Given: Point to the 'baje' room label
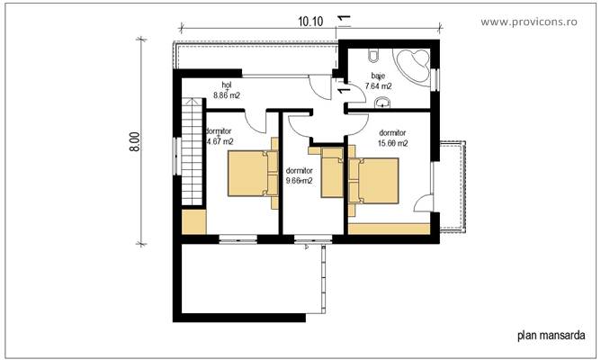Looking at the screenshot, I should point(378,76).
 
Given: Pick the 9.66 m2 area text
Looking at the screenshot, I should point(299,180).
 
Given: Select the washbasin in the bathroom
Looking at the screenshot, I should point(383,101).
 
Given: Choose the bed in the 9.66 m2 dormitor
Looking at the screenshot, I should point(332,172).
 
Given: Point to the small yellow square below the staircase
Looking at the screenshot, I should point(192,221).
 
